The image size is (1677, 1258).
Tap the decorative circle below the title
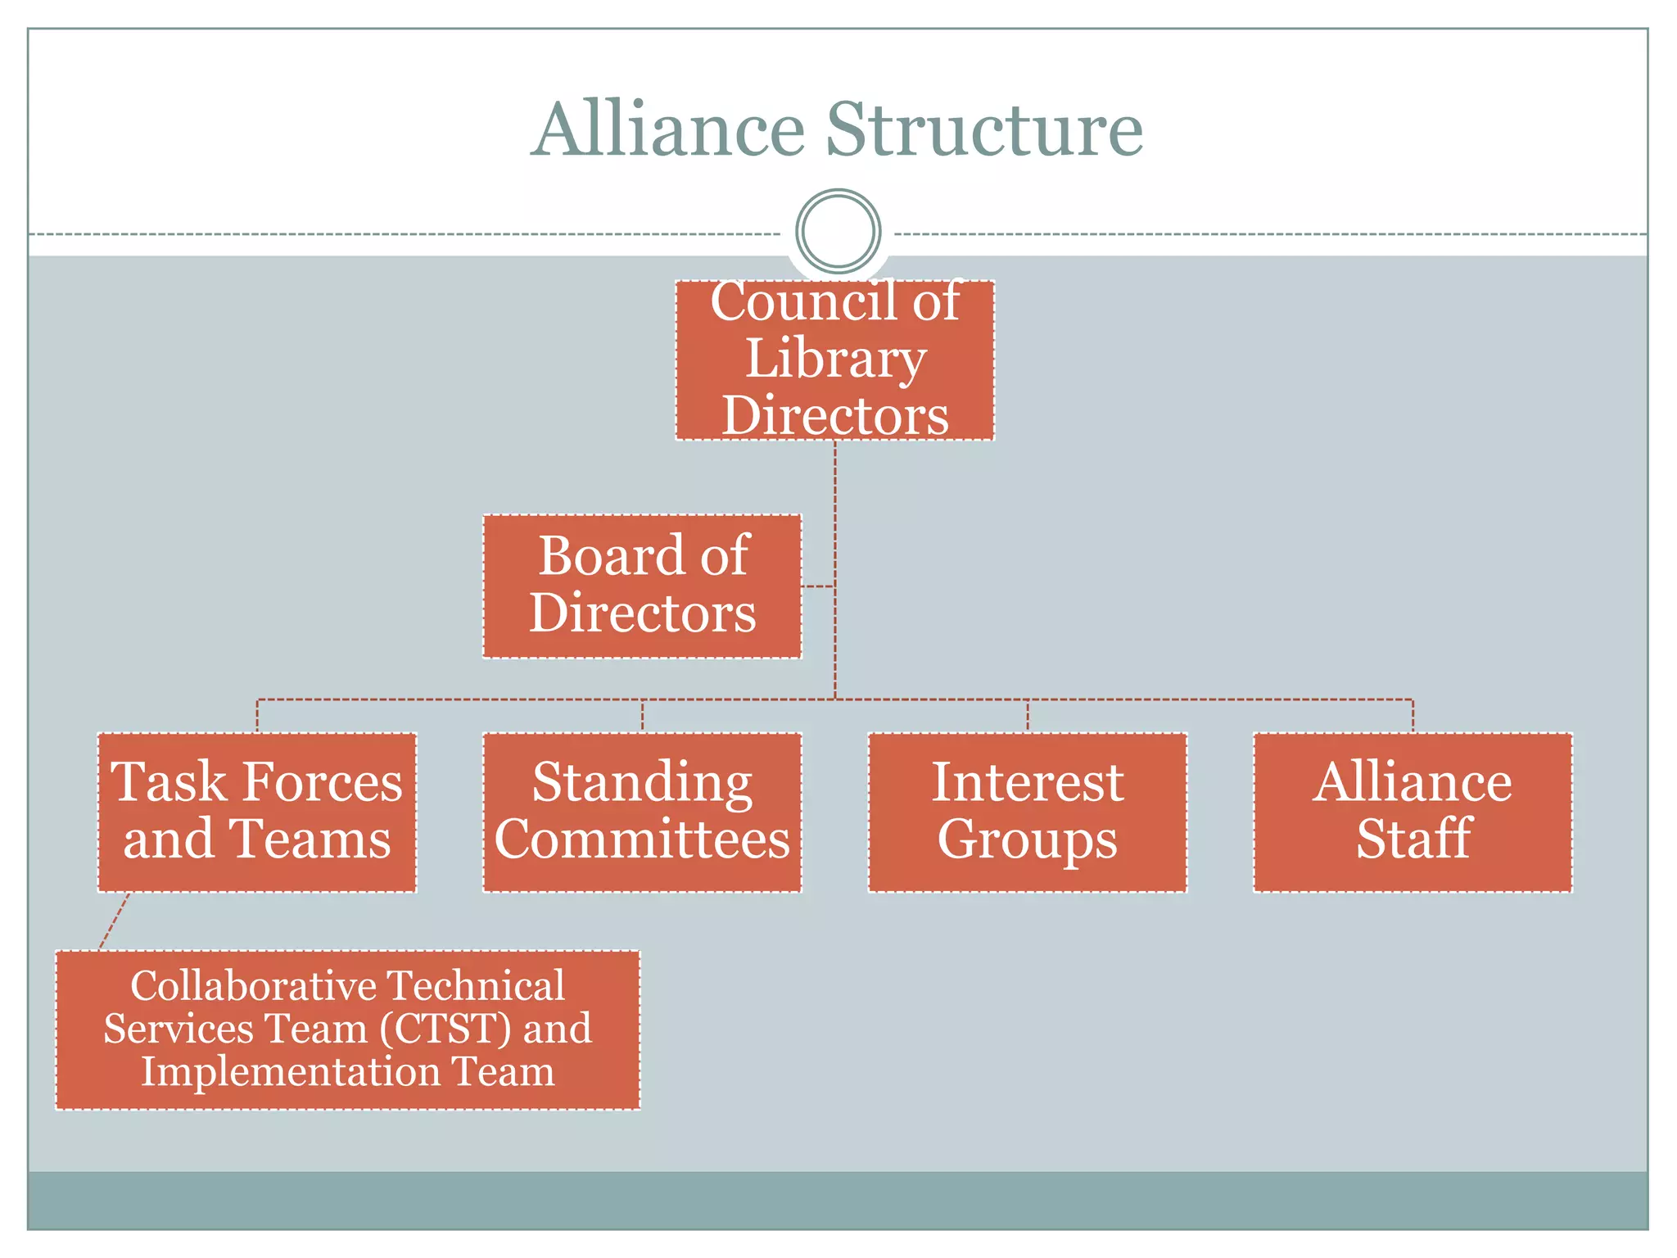pyautogui.click(x=838, y=231)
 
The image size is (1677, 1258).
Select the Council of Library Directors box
pyautogui.click(x=834, y=360)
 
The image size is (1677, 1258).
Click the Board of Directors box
pyautogui.click(x=642, y=586)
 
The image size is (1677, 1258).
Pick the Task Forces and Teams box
pyautogui.click(x=257, y=812)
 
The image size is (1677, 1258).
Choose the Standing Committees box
pyautogui.click(x=642, y=812)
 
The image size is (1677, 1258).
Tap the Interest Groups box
pyautogui.click(x=1027, y=812)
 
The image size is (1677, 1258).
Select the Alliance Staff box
pyautogui.click(x=1413, y=812)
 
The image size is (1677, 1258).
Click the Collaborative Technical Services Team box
pyautogui.click(x=347, y=1029)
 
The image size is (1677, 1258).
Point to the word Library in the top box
pyautogui.click(x=834, y=359)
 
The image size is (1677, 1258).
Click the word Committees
pyautogui.click(x=642, y=840)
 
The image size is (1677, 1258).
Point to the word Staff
pyautogui.click(x=1413, y=840)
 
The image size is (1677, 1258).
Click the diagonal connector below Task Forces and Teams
pyautogui.click(x=114, y=921)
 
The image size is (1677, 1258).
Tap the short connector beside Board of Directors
pyautogui.click(x=818, y=586)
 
